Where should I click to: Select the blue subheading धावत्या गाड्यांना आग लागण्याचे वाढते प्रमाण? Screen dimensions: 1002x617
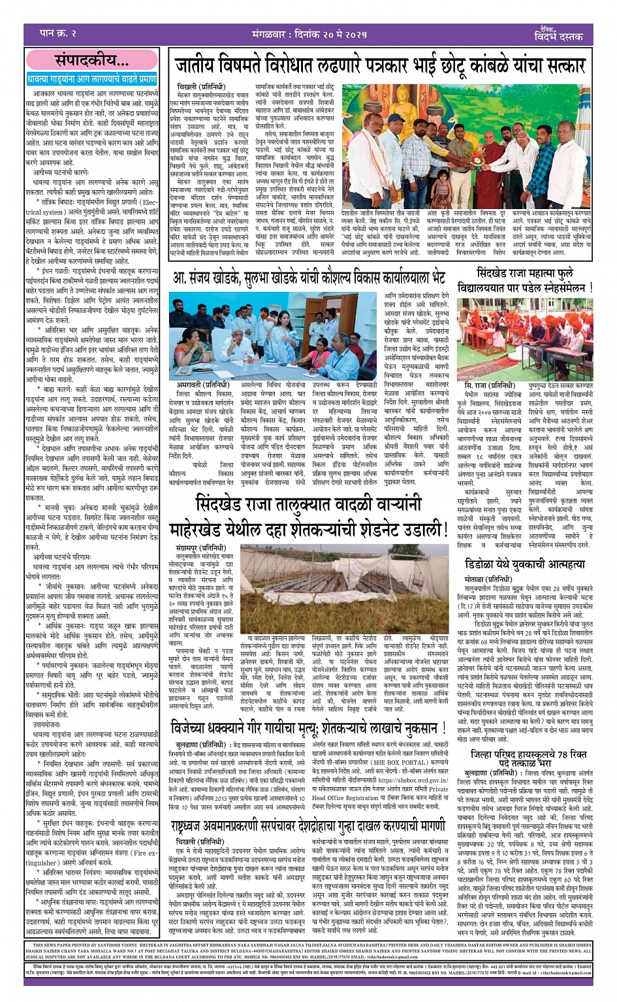tap(91, 79)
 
